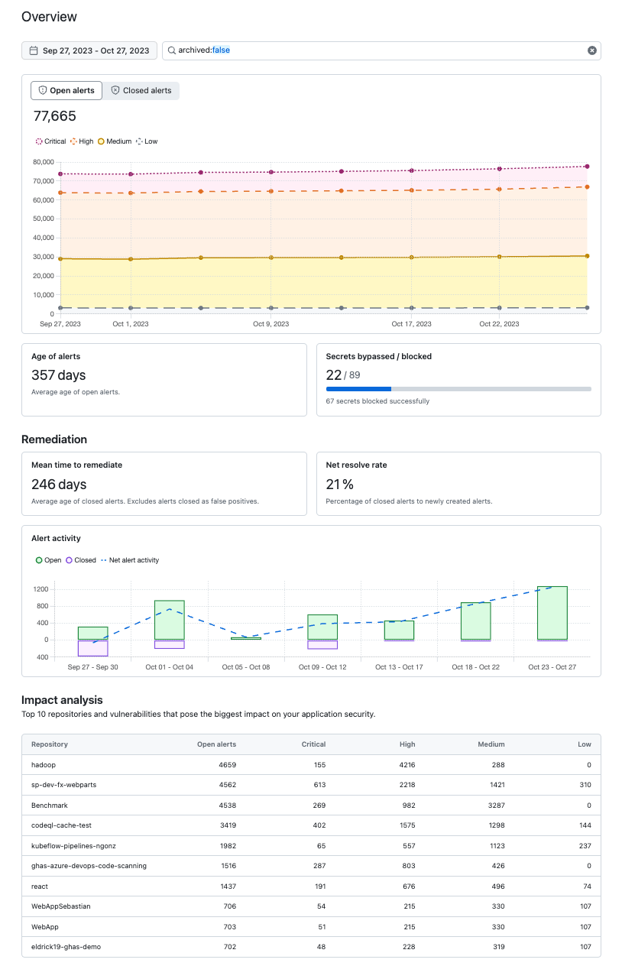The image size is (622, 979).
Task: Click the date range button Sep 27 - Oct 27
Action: tap(89, 50)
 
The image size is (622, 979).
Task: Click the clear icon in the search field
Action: tap(591, 50)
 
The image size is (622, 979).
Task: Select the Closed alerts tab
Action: tap(141, 90)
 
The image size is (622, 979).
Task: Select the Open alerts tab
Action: tap(66, 90)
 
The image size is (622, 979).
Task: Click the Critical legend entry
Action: tap(50, 141)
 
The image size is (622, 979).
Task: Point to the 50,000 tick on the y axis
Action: tap(42, 219)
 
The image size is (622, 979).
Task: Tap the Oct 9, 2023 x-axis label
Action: tap(271, 324)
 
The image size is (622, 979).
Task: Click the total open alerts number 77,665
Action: tap(54, 116)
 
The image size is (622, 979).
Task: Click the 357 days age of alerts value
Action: tap(58, 375)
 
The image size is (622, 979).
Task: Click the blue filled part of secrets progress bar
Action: tap(358, 389)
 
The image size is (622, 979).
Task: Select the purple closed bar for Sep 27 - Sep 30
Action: tap(92, 648)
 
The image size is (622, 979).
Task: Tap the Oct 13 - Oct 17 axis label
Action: tap(399, 667)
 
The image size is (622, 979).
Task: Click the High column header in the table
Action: tap(407, 744)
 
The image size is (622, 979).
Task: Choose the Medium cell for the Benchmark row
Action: tap(494, 805)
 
